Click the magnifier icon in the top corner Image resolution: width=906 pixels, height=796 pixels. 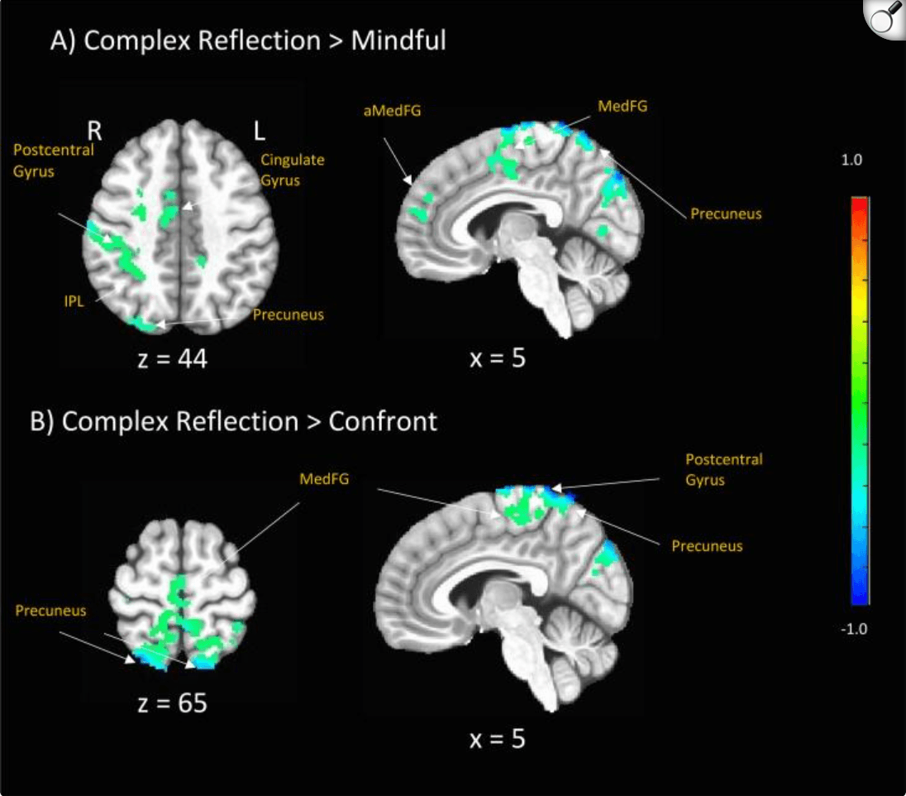click(885, 18)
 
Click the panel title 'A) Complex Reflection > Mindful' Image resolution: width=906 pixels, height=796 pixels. click(248, 41)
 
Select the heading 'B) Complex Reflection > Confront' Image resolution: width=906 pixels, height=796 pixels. click(233, 421)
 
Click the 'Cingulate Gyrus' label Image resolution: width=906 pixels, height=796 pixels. click(292, 170)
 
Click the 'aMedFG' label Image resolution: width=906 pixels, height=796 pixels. click(391, 108)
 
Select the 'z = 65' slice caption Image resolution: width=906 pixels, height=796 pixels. click(171, 703)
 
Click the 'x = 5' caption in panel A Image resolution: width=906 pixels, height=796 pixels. click(498, 358)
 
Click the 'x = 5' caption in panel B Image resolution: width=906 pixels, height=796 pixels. click(496, 738)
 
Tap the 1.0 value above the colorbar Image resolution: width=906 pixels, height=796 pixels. click(851, 161)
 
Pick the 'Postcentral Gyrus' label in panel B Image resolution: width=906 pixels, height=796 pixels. click(724, 469)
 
